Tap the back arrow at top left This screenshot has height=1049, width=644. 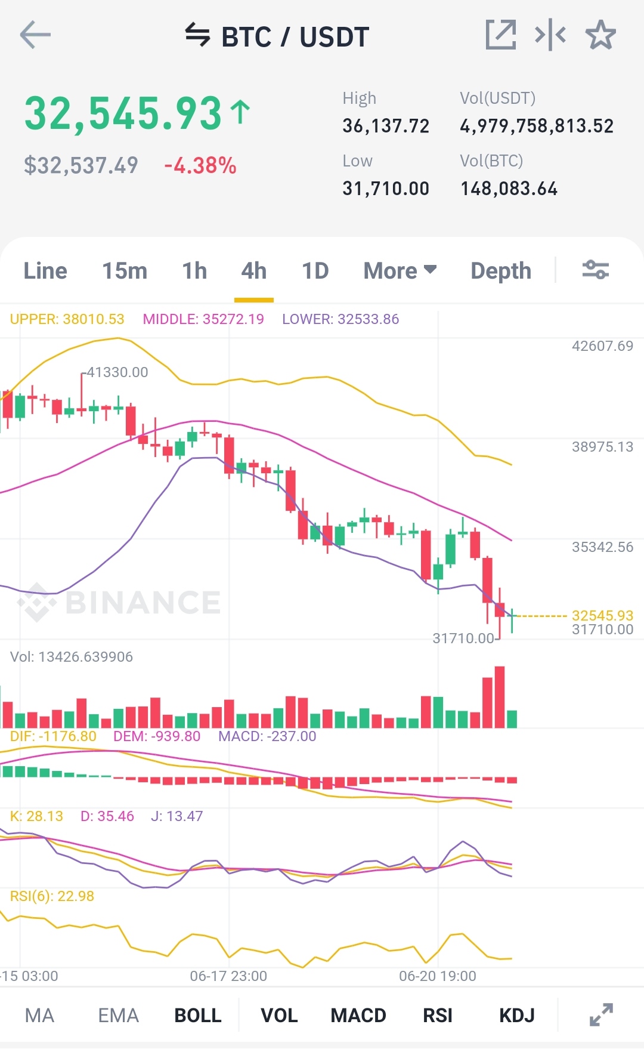(35, 35)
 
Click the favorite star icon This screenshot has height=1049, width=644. (600, 35)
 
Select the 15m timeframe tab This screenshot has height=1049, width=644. (125, 271)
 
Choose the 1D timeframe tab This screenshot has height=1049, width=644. (315, 271)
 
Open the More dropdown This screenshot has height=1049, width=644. (400, 271)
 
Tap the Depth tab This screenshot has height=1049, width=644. (501, 271)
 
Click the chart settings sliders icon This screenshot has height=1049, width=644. (596, 270)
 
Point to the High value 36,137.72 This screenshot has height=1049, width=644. (386, 126)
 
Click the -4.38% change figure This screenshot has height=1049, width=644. (200, 165)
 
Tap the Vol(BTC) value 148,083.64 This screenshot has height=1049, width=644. (509, 189)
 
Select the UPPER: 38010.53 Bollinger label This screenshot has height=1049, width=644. (67, 319)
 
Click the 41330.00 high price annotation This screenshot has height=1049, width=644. (117, 372)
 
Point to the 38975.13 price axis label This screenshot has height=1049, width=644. (602, 447)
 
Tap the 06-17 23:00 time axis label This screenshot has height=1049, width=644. (228, 976)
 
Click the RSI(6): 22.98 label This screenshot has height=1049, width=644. (52, 896)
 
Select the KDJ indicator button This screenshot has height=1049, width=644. (517, 1015)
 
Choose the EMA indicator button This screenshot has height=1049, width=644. (118, 1015)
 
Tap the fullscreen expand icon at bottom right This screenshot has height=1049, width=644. (601, 1015)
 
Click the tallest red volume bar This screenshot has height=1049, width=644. (500, 697)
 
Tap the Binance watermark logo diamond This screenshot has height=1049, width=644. (37, 602)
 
